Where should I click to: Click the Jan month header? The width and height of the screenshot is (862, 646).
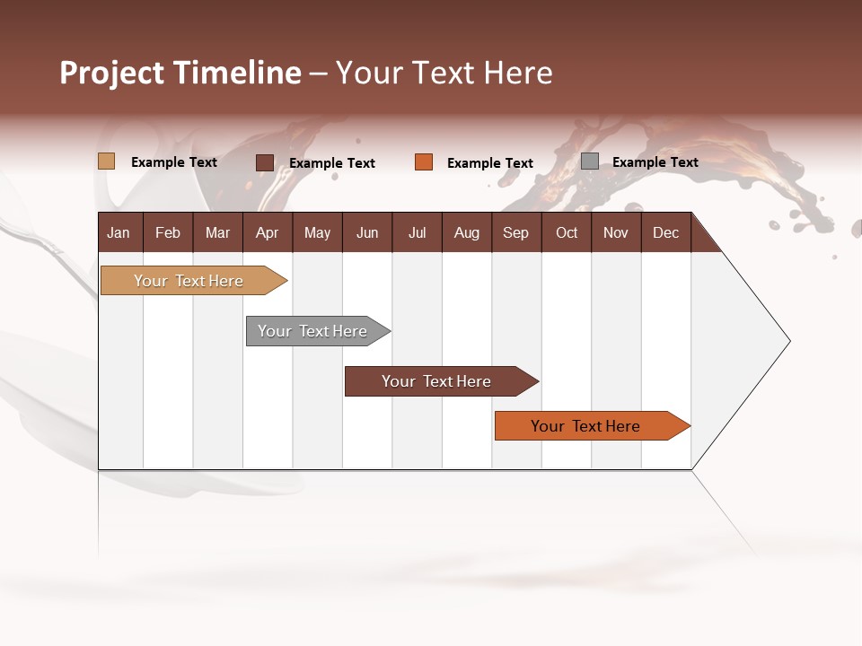119,233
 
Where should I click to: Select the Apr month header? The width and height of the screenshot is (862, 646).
268,233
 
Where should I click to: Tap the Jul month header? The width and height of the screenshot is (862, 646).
417,233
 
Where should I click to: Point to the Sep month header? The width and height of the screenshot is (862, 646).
516,233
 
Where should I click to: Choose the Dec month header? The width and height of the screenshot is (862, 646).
665,233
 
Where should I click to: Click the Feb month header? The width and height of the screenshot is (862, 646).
168,233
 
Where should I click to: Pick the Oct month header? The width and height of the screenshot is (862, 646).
567,233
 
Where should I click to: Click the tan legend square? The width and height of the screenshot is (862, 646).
107,161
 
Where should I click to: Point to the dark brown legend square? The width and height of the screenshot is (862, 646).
265,162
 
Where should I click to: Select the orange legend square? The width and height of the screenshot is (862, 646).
424,162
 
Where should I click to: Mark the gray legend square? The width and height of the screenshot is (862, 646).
590,161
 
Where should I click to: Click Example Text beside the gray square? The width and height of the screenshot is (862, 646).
655,162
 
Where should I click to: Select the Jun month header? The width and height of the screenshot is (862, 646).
367,233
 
